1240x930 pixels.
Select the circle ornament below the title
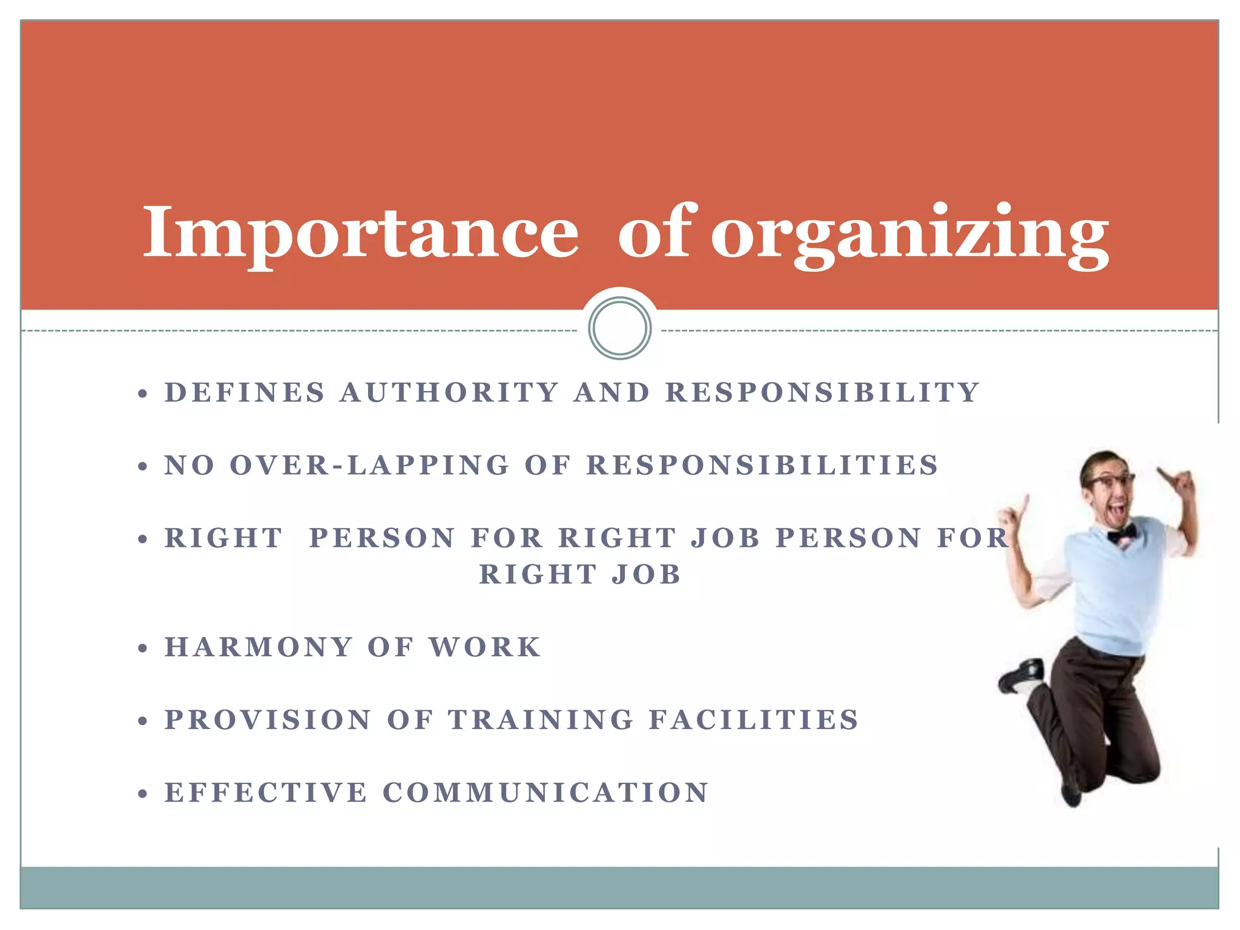(619, 328)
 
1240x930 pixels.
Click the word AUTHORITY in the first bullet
(449, 392)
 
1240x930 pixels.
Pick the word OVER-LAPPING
(369, 466)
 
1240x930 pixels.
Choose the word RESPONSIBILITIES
(762, 466)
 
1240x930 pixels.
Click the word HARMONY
(259, 647)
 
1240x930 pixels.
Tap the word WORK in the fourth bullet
(485, 647)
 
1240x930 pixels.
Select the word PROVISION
(268, 720)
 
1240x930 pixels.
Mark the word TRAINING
(541, 720)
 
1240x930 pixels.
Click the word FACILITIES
(754, 720)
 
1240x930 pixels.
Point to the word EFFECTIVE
(266, 793)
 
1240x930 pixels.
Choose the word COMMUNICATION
(546, 793)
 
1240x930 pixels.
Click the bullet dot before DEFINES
(143, 394)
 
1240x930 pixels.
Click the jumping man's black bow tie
(1121, 533)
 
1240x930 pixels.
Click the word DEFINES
(245, 392)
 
